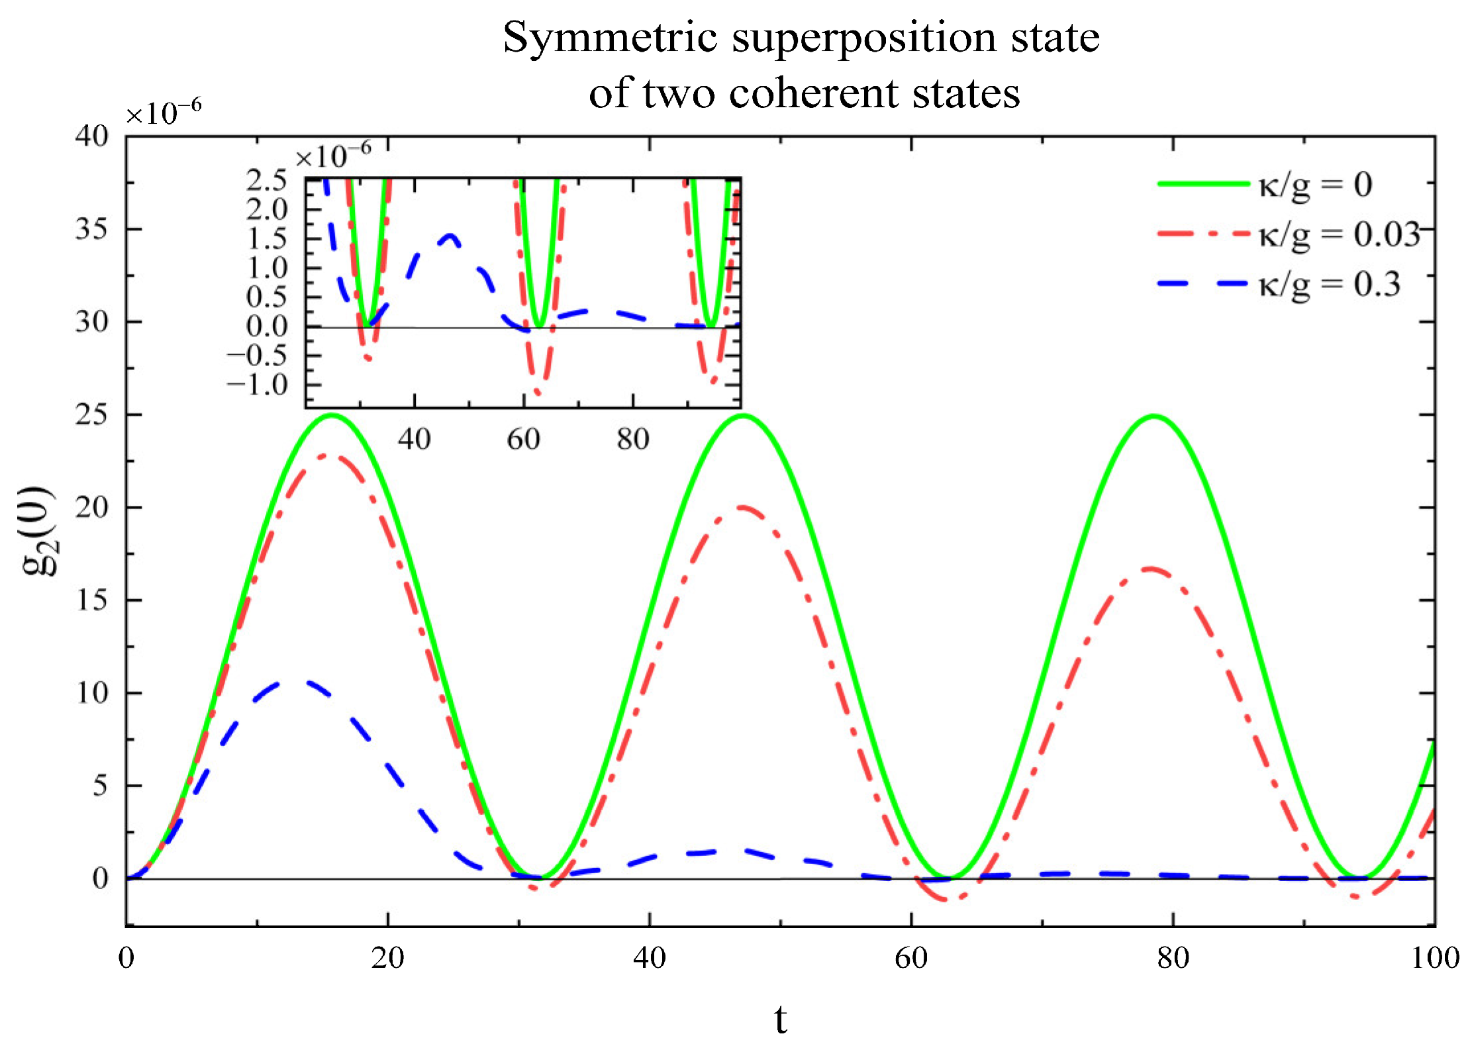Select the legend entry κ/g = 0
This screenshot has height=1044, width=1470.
coord(1314,185)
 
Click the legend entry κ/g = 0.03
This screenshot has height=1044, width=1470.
coord(1338,234)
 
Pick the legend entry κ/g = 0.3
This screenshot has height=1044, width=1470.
coord(1328,285)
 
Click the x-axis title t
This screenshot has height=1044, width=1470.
coord(780,1018)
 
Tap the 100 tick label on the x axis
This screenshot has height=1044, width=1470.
coord(1434,958)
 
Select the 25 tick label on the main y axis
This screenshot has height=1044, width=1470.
coord(91,415)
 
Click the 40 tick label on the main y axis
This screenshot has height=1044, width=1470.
coord(91,136)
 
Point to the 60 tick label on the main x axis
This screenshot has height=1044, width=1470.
coord(911,958)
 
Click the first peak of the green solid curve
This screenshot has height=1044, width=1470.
coord(331,415)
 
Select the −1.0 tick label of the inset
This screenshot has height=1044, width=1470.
coord(258,385)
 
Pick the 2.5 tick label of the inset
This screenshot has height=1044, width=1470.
coord(267,180)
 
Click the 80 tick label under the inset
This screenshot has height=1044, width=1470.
coord(632,439)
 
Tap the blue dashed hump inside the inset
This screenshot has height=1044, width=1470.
coord(450,236)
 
